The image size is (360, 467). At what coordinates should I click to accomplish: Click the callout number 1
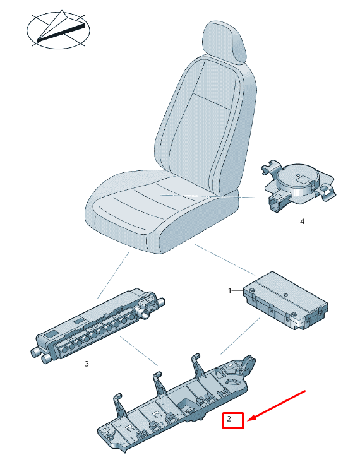tap(229, 290)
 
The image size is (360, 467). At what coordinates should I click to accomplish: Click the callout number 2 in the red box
tap(229, 419)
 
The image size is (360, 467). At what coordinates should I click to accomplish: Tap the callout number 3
tap(87, 364)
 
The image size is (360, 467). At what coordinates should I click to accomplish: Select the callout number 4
tap(302, 222)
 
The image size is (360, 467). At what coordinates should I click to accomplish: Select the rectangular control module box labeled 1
tap(285, 300)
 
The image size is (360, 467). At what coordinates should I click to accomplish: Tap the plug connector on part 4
tap(277, 203)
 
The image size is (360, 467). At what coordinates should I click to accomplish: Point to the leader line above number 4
tap(303, 211)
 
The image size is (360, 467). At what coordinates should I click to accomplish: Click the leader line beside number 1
tap(238, 290)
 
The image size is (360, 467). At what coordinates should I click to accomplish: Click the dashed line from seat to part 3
tap(114, 275)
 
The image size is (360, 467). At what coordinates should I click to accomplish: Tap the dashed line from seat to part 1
tap(225, 259)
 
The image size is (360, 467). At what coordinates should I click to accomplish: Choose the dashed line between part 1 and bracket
tap(241, 336)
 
